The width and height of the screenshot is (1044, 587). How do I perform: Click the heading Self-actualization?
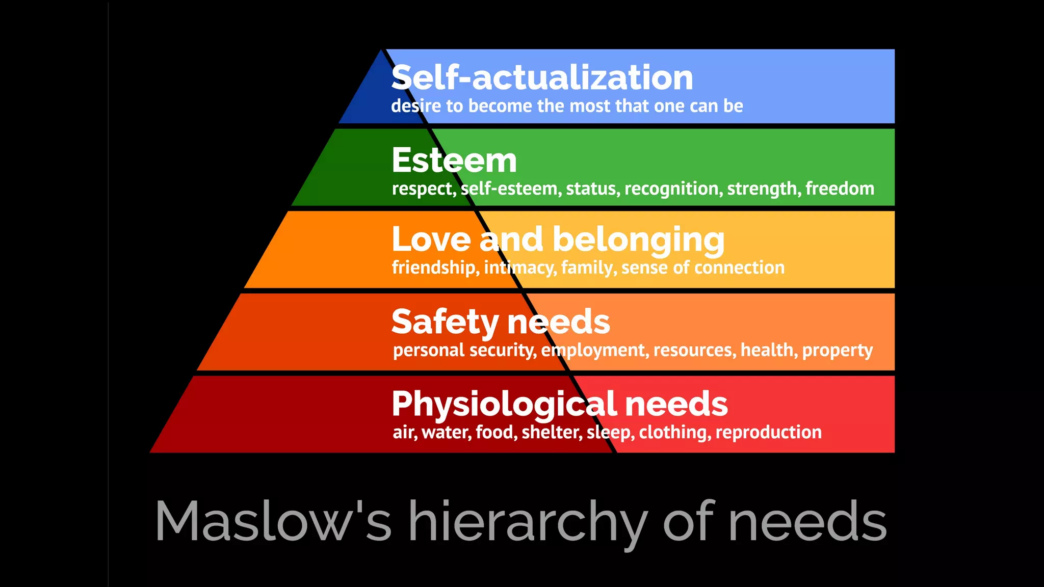(x=542, y=77)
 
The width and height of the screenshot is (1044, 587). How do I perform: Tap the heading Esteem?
(x=454, y=160)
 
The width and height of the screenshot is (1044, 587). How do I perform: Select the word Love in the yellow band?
(x=431, y=239)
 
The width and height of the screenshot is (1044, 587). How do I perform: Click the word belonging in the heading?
(x=638, y=240)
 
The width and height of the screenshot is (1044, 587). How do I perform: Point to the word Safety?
(x=445, y=322)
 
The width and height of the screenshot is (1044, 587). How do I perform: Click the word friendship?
(x=435, y=268)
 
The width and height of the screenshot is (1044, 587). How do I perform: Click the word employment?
(x=595, y=351)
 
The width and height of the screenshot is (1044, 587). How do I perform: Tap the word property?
(x=837, y=351)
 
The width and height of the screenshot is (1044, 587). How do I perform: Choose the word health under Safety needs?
(x=769, y=350)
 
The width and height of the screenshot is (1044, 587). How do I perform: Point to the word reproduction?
(x=768, y=433)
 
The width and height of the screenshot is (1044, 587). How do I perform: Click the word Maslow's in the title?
(x=273, y=521)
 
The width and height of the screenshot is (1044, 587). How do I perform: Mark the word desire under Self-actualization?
(x=416, y=106)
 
